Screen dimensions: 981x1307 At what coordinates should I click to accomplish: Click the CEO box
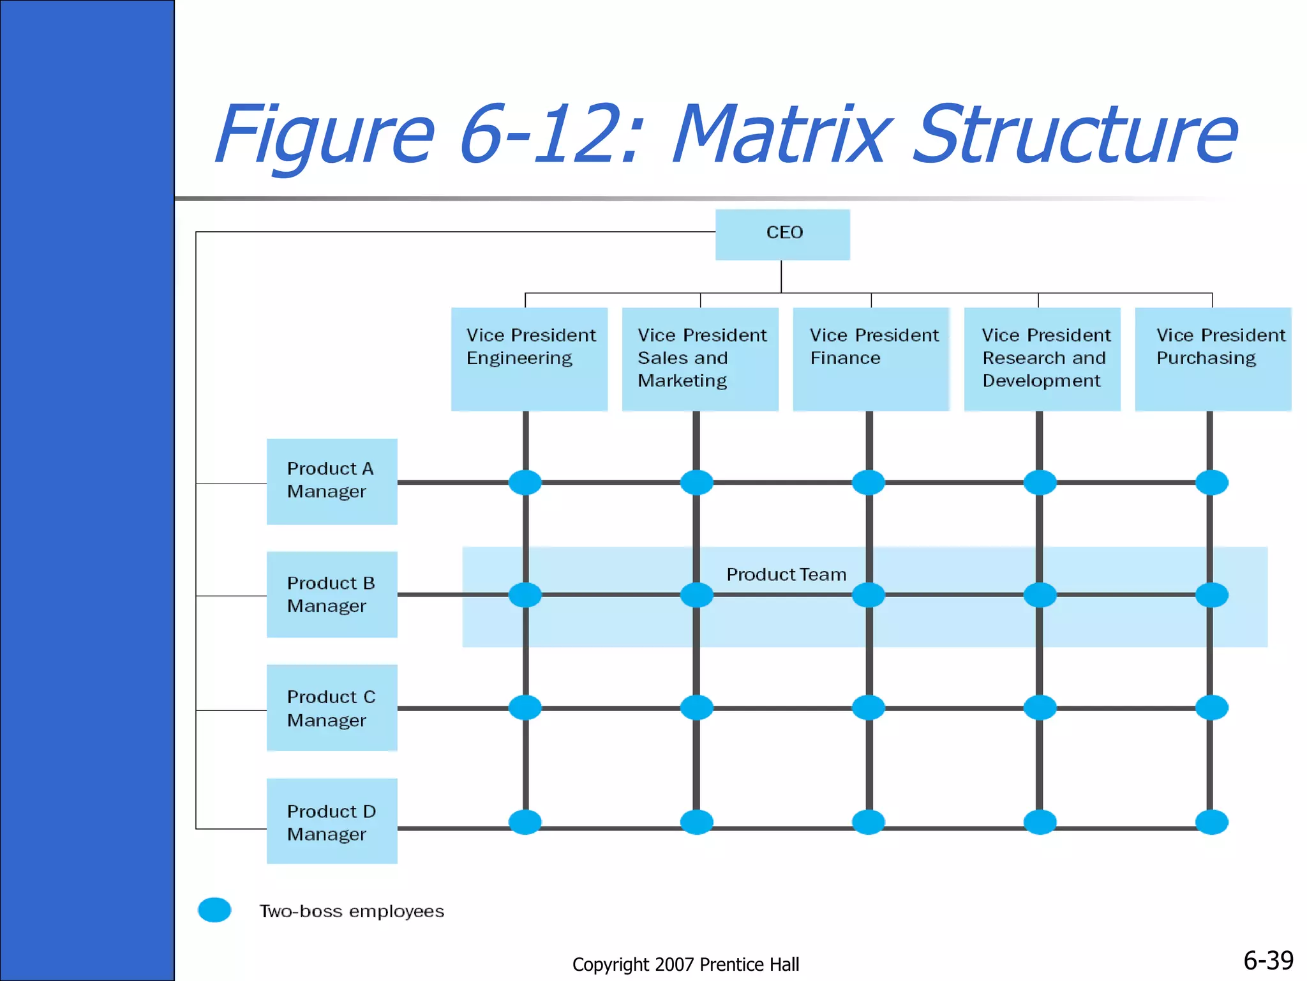(782, 234)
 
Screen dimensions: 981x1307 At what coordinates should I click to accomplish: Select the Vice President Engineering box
(529, 359)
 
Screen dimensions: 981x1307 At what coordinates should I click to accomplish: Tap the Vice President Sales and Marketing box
(700, 359)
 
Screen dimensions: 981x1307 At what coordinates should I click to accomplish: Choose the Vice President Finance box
(871, 359)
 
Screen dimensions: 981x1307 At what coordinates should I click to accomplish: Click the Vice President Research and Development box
(1042, 359)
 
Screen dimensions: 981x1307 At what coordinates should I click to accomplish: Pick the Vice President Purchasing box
(1213, 359)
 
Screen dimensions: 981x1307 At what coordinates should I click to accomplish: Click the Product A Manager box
(332, 481)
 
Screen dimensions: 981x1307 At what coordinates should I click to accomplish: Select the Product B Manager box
(332, 594)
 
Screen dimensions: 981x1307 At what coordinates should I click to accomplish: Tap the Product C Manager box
(332, 708)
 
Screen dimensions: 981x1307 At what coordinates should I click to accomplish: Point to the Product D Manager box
(332, 821)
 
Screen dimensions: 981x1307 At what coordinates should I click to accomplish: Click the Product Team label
(786, 575)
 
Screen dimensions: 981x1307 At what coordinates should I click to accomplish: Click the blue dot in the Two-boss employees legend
(214, 910)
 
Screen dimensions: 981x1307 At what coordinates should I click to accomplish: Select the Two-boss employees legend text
(352, 911)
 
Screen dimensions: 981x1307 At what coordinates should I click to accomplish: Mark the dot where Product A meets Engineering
(525, 482)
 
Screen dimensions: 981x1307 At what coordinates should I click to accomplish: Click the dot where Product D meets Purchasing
(1211, 822)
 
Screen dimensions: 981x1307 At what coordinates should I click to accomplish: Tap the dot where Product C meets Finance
(869, 708)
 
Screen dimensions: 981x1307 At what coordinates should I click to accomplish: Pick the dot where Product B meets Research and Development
(1040, 595)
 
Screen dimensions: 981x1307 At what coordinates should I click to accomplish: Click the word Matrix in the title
(779, 135)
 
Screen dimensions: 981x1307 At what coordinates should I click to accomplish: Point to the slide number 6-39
(1268, 960)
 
